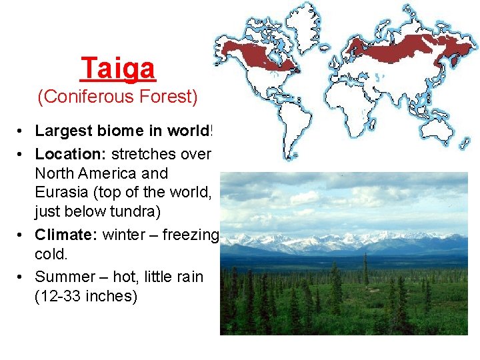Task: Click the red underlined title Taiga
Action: (118, 68)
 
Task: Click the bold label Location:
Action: (71, 154)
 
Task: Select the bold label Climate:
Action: (67, 235)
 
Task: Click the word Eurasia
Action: (61, 193)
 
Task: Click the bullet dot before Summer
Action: (23, 277)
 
